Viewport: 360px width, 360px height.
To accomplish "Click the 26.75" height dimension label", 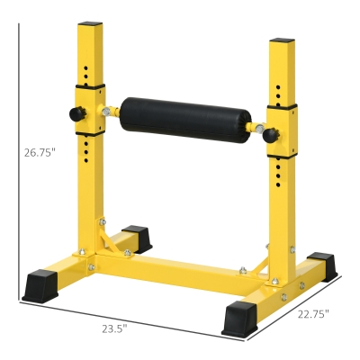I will click(x=40, y=153).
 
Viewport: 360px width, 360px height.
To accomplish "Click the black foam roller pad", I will click(x=187, y=114).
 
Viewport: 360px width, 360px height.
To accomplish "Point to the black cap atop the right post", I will click(x=282, y=42).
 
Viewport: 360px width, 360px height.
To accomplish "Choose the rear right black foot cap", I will click(x=320, y=265).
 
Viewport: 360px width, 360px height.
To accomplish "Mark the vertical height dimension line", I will click(x=20, y=162).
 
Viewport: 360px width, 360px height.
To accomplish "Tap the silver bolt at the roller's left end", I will click(x=111, y=112).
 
